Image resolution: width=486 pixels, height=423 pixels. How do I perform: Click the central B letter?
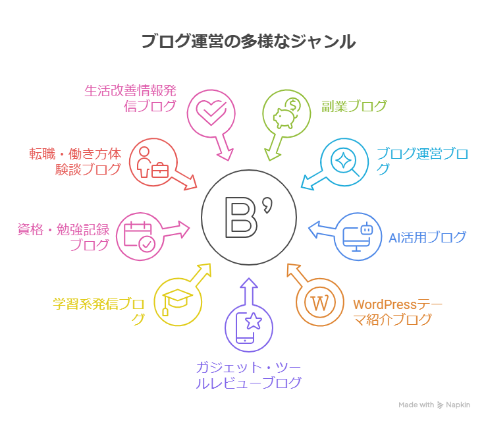pyautogui.click(x=241, y=217)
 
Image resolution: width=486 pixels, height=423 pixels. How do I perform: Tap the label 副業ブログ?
pyautogui.click(x=354, y=106)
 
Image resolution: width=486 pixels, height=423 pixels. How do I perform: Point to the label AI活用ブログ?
pyautogui.click(x=427, y=237)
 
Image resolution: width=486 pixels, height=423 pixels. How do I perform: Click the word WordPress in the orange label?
pyautogui.click(x=385, y=304)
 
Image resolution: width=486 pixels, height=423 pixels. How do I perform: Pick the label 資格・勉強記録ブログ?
pyautogui.click(x=63, y=237)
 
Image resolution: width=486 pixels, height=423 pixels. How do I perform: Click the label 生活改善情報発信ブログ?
pyautogui.click(x=130, y=98)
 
